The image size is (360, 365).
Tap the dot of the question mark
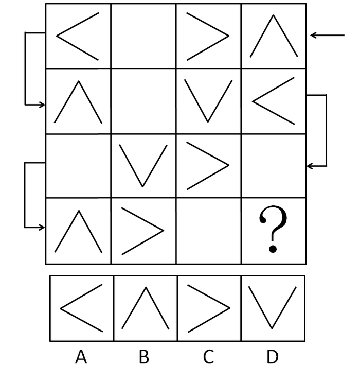point(273,249)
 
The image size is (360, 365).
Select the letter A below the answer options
point(81,356)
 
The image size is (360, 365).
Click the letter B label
point(144,356)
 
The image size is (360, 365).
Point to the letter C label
point(208,356)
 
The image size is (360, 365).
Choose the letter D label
point(273,356)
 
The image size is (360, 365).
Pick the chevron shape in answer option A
point(61,308)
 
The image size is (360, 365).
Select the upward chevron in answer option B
point(146,288)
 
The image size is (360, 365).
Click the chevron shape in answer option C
point(229,308)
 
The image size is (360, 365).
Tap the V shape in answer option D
point(272,328)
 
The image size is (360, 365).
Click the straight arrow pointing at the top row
point(327,36)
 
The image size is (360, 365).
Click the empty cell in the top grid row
point(143,36)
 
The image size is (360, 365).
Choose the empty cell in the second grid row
point(143,101)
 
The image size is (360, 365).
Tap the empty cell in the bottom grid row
point(209,231)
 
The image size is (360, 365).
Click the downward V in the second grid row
point(208,121)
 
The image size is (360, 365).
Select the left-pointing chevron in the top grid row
point(57,36)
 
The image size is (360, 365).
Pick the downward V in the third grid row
point(142,186)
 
